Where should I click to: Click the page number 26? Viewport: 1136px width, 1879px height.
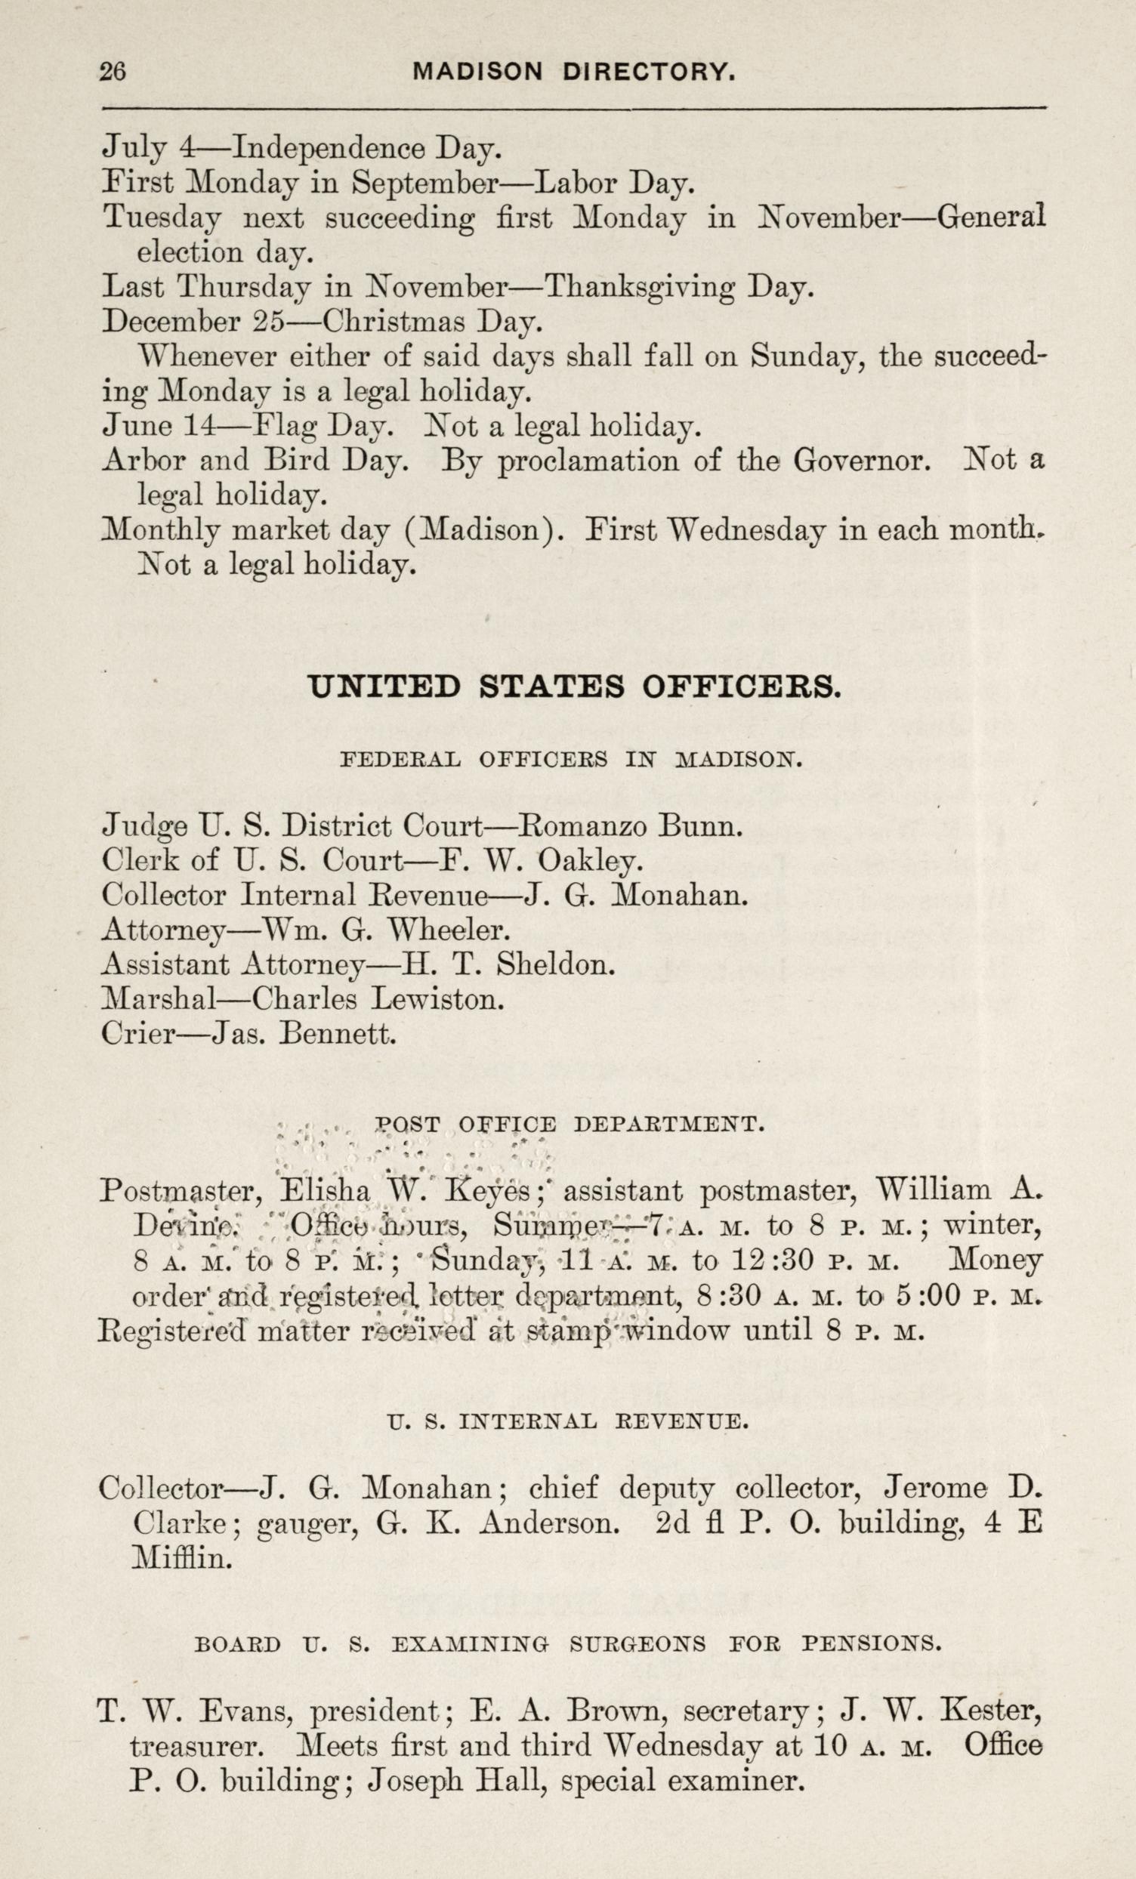click(113, 72)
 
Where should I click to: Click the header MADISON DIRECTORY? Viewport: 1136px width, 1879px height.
click(575, 72)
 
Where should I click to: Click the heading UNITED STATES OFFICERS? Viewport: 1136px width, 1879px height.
click(574, 687)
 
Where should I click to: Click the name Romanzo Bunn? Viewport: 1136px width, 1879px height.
click(631, 826)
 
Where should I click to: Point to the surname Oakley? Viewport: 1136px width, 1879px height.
click(591, 861)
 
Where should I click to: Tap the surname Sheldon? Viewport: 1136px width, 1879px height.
click(555, 964)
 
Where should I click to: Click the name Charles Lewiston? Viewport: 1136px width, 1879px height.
click(377, 999)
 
